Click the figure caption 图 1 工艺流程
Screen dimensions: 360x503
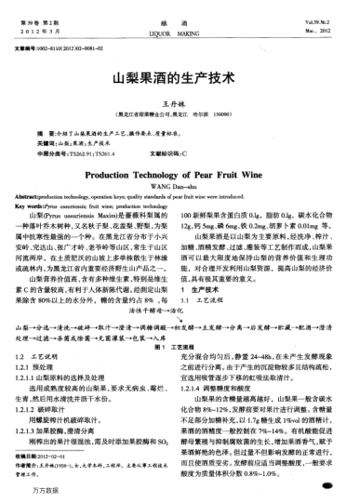[180, 346]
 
